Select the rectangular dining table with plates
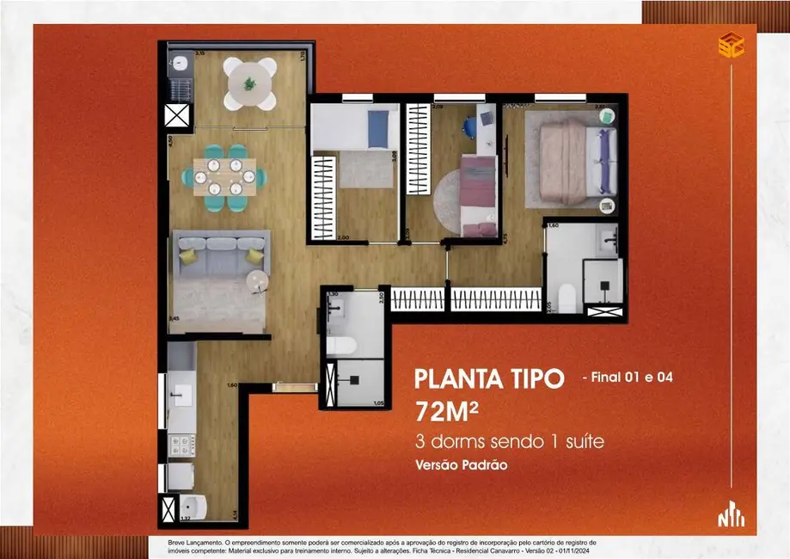tap(224, 177)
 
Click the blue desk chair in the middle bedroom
tap(469, 126)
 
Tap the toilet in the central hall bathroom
tap(343, 345)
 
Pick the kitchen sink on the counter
tap(181, 396)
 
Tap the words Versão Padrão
tap(461, 465)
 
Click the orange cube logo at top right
tap(731, 45)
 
